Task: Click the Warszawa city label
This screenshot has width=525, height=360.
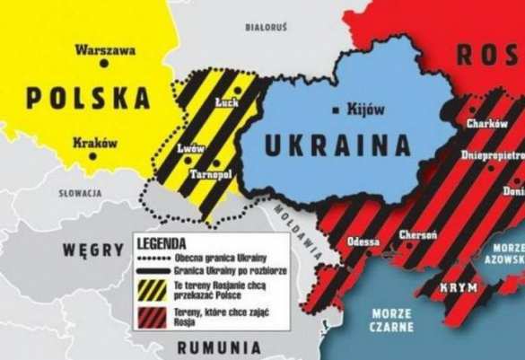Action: (106, 50)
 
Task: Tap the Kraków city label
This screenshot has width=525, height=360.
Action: (96, 140)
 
